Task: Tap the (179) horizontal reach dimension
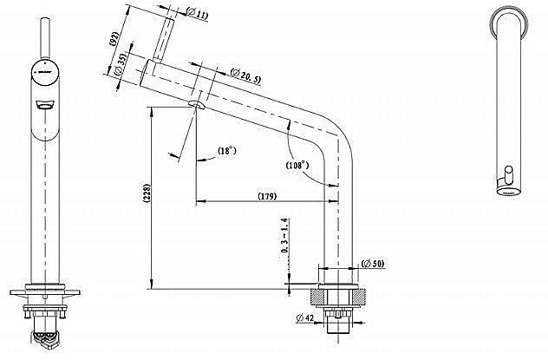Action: (x=267, y=197)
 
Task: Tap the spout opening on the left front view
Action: (x=42, y=104)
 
